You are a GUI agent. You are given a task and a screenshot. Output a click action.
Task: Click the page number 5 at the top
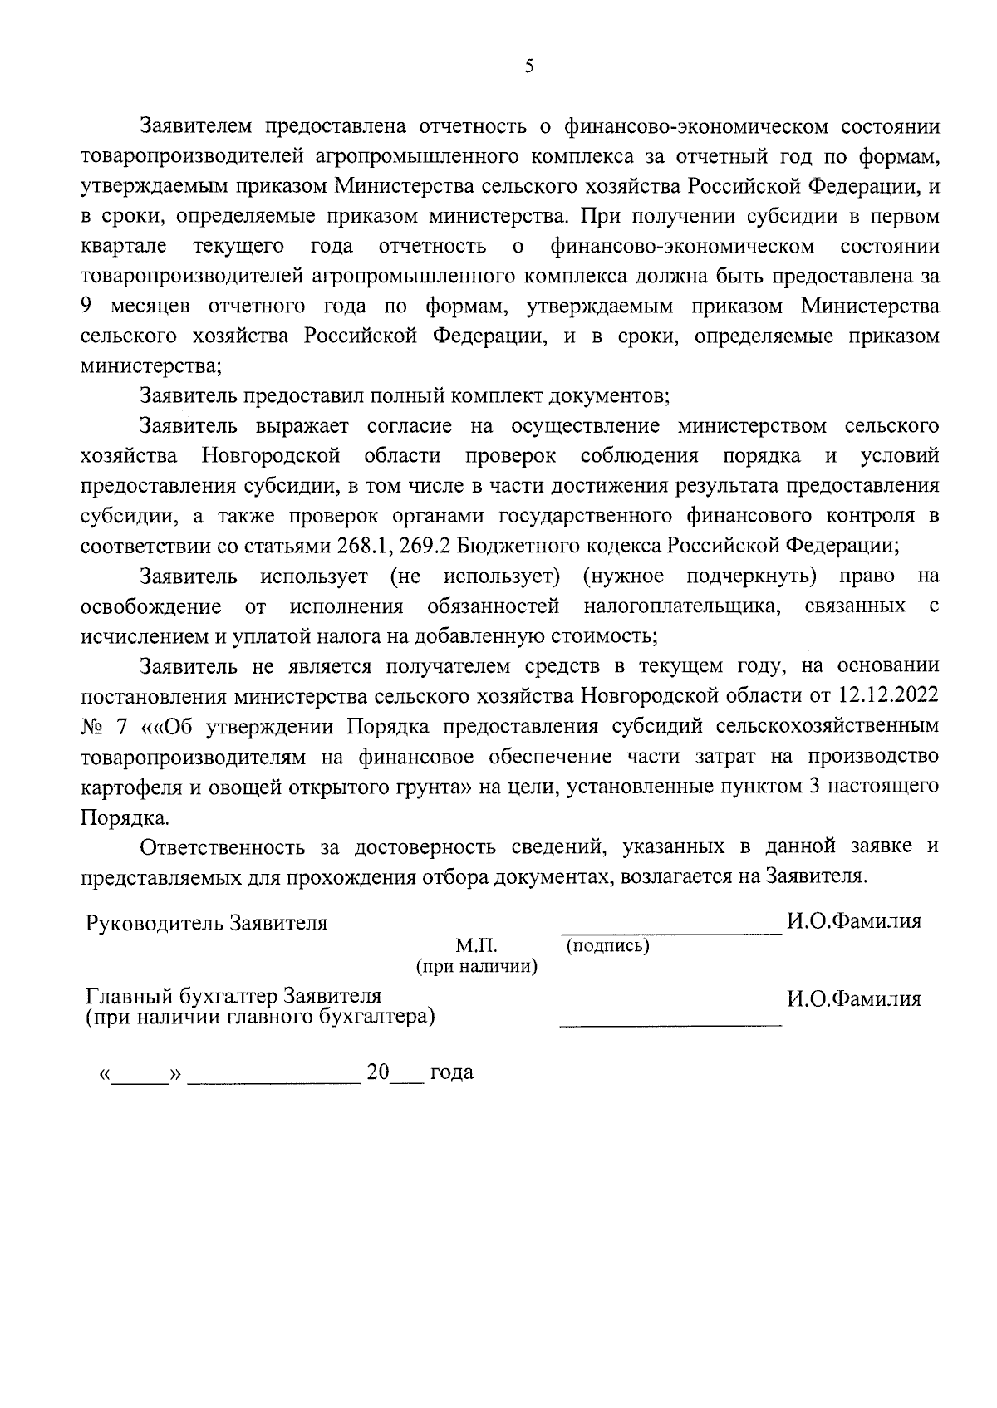pos(529,67)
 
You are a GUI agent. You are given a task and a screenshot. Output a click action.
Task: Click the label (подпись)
pos(607,945)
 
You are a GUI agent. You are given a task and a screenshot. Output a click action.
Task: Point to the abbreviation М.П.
pos(475,945)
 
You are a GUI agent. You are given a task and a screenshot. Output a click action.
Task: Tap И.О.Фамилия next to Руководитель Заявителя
pos(854,921)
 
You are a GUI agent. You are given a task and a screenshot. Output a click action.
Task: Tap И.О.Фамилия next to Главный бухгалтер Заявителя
pos(854,998)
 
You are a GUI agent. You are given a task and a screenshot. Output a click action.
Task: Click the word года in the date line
pos(451,1072)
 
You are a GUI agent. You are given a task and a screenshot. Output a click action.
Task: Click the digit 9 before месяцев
pos(87,307)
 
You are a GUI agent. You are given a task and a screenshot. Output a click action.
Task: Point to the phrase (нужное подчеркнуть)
pos(700,576)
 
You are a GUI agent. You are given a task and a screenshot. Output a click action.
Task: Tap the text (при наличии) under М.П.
pos(476,966)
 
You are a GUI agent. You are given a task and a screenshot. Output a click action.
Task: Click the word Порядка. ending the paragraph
pos(125,817)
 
